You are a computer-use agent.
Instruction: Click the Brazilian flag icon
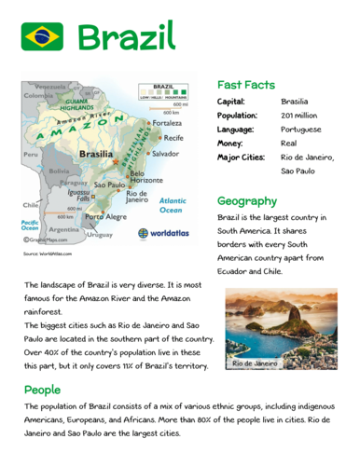[42, 36]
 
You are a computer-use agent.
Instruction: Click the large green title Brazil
[126, 36]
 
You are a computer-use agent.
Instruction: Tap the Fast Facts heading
[245, 83]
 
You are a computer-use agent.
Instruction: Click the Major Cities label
[241, 158]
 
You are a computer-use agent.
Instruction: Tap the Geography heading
[247, 200]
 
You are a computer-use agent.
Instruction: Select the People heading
[43, 389]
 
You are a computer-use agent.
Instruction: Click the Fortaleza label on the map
[169, 123]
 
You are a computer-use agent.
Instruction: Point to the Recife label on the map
[169, 137]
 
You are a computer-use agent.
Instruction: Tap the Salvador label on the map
[165, 153]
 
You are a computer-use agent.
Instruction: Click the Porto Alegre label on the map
[105, 216]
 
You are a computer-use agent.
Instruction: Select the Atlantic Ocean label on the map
[173, 205]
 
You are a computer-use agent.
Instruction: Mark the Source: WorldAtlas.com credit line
[48, 254]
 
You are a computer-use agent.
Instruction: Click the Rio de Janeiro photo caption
[256, 362]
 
